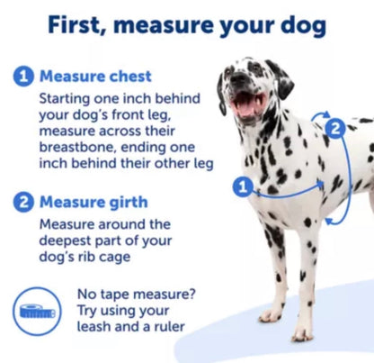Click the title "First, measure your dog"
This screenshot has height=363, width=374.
pos(186,24)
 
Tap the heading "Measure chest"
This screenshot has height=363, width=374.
pos(96,77)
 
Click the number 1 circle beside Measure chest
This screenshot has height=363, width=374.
pos(23,77)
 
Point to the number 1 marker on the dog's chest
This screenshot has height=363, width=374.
pos(241,187)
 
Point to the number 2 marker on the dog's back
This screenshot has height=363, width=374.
pos(335,128)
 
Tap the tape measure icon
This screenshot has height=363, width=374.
pos(38,310)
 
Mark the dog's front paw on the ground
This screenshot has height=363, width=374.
pos(271,315)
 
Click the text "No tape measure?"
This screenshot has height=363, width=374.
pos(135,294)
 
